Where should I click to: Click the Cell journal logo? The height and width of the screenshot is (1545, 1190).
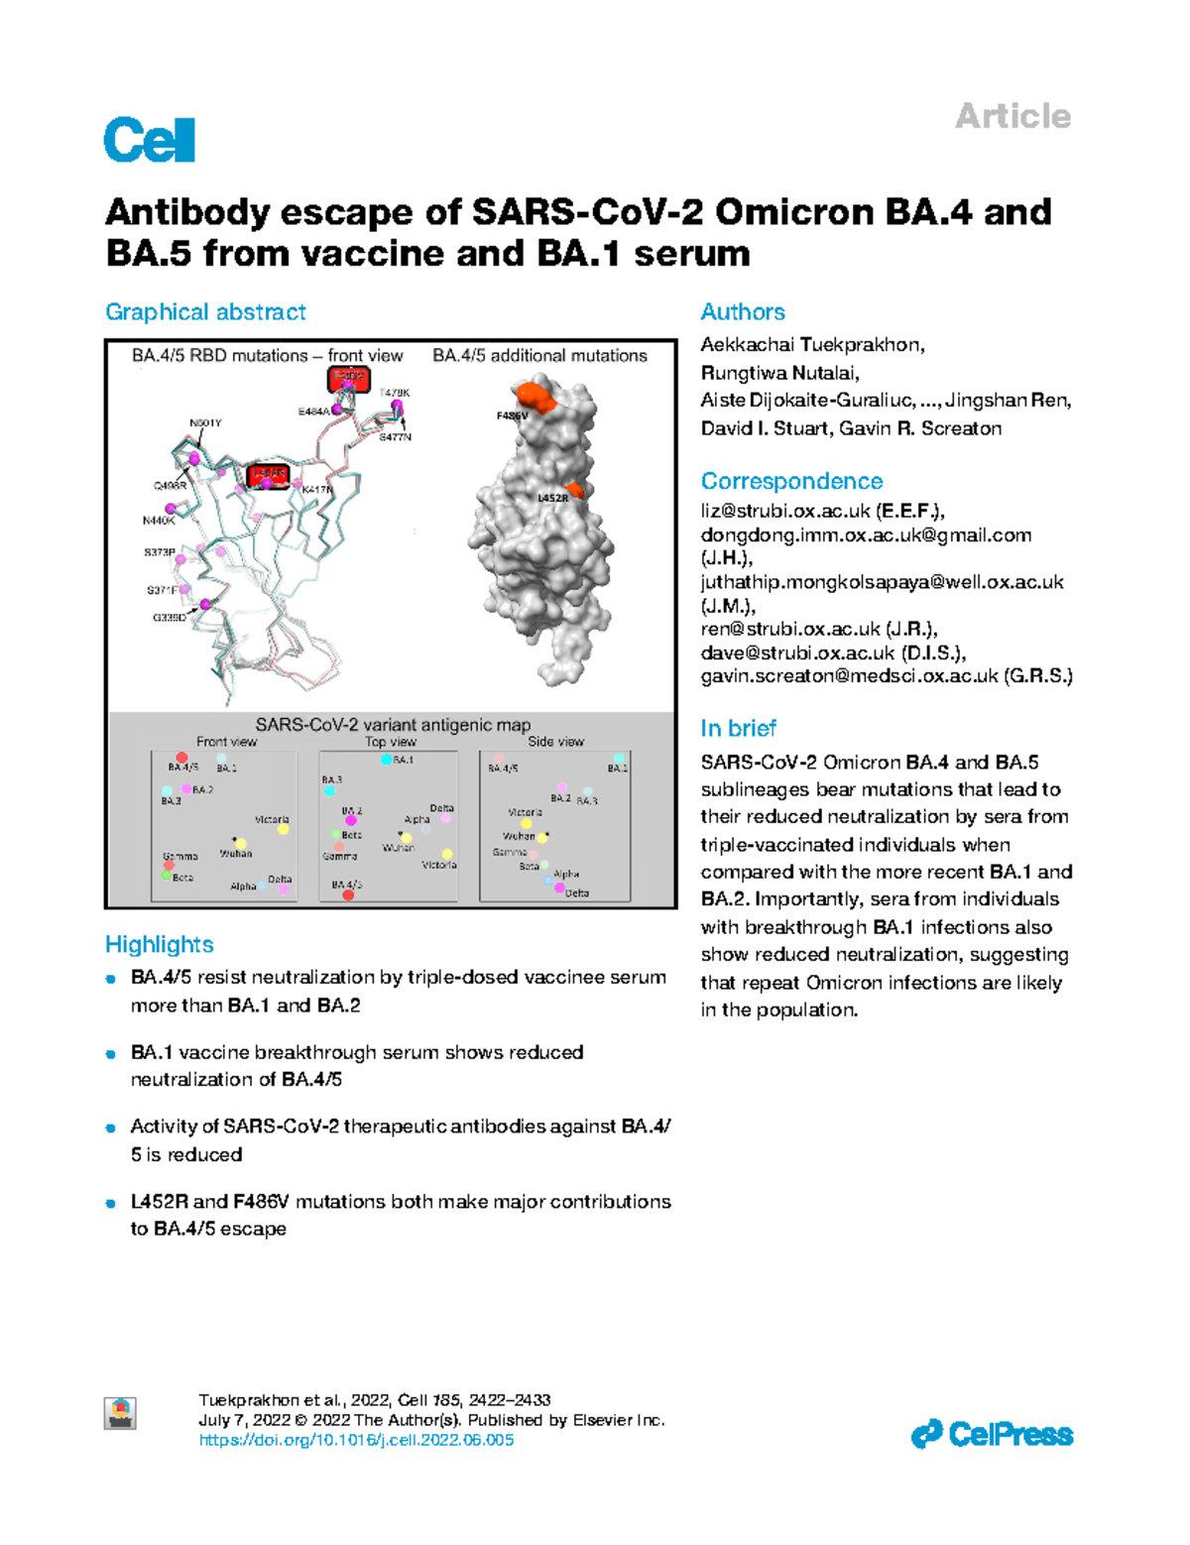(149, 140)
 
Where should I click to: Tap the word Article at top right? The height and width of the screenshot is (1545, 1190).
(1011, 117)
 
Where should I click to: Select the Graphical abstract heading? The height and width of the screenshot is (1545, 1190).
(205, 312)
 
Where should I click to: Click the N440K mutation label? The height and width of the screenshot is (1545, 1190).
(158, 520)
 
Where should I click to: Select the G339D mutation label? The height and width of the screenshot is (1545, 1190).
(169, 617)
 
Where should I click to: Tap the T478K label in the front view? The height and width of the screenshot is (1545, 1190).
(394, 393)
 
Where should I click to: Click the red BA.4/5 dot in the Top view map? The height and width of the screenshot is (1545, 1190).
(348, 895)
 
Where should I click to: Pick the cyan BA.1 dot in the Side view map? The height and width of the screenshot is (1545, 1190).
(619, 759)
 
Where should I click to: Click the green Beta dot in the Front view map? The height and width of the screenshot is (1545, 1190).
(167, 876)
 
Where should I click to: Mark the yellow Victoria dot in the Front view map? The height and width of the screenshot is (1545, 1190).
(283, 829)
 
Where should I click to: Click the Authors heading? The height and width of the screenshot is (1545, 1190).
(742, 312)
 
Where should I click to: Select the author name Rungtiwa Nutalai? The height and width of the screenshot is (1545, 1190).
(779, 373)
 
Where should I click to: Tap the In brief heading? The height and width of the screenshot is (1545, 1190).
(738, 729)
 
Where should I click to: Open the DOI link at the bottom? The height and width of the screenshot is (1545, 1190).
(356, 1440)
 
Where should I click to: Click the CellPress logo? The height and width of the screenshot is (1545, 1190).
(992, 1434)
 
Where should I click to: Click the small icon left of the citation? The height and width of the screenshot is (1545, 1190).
(120, 1413)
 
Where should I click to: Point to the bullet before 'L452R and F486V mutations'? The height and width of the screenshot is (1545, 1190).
(112, 1203)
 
